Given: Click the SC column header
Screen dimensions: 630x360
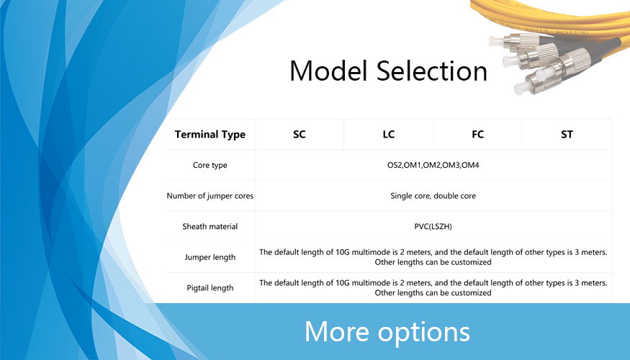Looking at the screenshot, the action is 300,134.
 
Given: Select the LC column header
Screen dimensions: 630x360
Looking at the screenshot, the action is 389,134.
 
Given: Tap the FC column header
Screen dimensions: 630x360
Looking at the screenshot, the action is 478,134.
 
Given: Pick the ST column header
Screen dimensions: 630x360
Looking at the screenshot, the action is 567,134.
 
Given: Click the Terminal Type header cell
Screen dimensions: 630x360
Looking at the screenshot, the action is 210,134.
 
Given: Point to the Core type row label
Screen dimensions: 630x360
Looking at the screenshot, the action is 210,165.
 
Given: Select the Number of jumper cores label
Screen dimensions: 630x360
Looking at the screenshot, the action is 210,196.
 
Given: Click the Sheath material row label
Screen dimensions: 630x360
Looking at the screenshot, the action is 210,226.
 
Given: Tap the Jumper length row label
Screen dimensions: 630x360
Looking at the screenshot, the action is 210,257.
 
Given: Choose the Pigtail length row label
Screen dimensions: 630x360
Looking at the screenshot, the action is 210,288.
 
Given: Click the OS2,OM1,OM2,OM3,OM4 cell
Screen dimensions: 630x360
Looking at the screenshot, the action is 433,165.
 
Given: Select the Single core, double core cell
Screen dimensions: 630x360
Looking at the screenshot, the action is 433,196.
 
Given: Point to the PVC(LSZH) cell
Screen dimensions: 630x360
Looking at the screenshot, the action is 433,227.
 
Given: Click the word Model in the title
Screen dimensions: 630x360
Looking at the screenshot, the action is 328,71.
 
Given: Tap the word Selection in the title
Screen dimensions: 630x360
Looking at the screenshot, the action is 432,71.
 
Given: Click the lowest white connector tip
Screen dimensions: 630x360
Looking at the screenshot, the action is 520,88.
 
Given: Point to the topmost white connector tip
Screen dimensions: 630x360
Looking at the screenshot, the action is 496,40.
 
